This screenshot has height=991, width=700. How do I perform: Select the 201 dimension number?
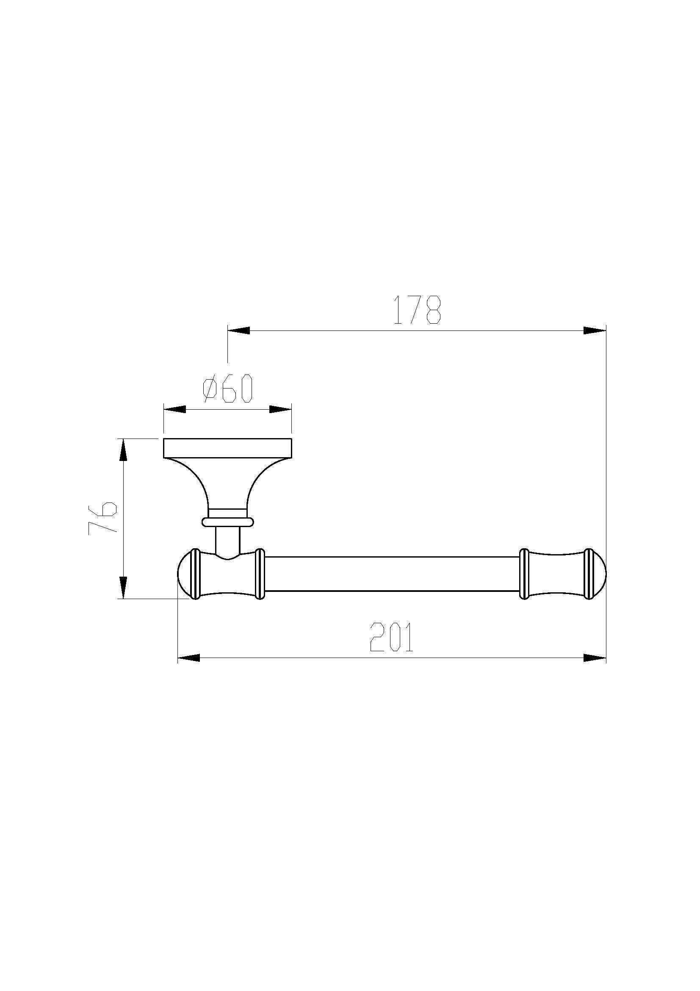tap(392, 637)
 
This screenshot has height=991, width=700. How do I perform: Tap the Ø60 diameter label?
tap(227, 388)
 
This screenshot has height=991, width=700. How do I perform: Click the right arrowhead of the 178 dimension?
tap(594, 330)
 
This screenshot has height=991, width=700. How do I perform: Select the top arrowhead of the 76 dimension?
tap(123, 450)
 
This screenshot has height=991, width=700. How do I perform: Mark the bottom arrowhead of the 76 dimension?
tap(123, 587)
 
